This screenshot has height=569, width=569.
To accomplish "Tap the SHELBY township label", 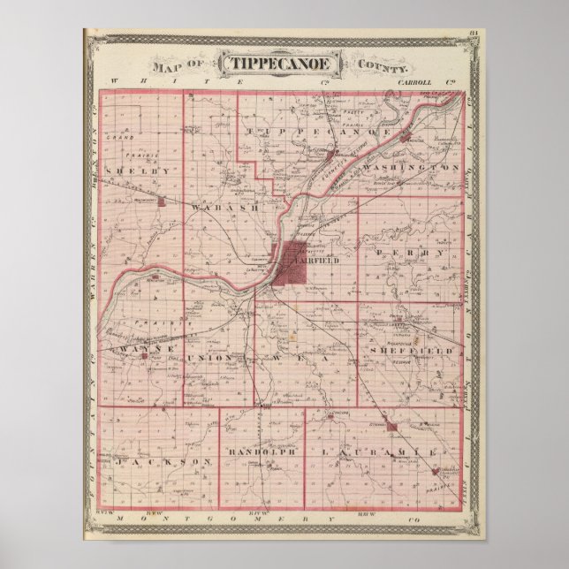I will click(136, 168).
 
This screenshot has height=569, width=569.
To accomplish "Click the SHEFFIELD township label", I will click(413, 351).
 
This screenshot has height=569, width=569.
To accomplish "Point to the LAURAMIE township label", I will click(376, 452).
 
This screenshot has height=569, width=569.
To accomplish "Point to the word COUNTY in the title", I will click(383, 66).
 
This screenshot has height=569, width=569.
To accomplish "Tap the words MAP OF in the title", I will click(180, 65).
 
